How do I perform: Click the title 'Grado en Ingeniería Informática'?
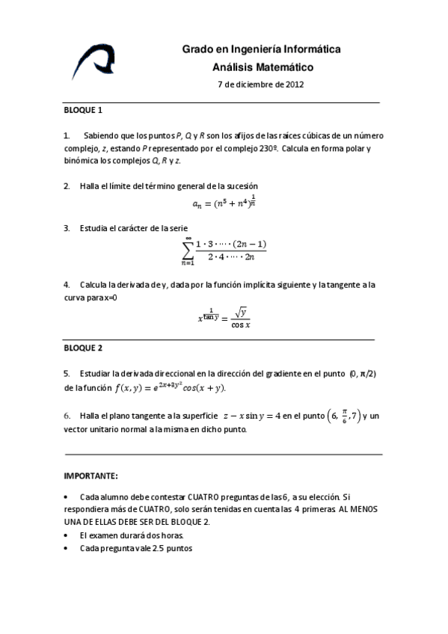[x=261, y=49]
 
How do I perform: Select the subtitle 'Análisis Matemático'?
[x=262, y=67]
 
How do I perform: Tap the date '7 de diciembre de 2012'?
[x=260, y=84]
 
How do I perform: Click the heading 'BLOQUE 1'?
[x=82, y=110]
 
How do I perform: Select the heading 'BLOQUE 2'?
[x=82, y=348]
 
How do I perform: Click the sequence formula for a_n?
[x=224, y=202]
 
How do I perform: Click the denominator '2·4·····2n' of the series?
[x=231, y=256]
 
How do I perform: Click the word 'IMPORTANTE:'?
[x=90, y=475]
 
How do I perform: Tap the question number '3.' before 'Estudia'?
[x=67, y=227]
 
